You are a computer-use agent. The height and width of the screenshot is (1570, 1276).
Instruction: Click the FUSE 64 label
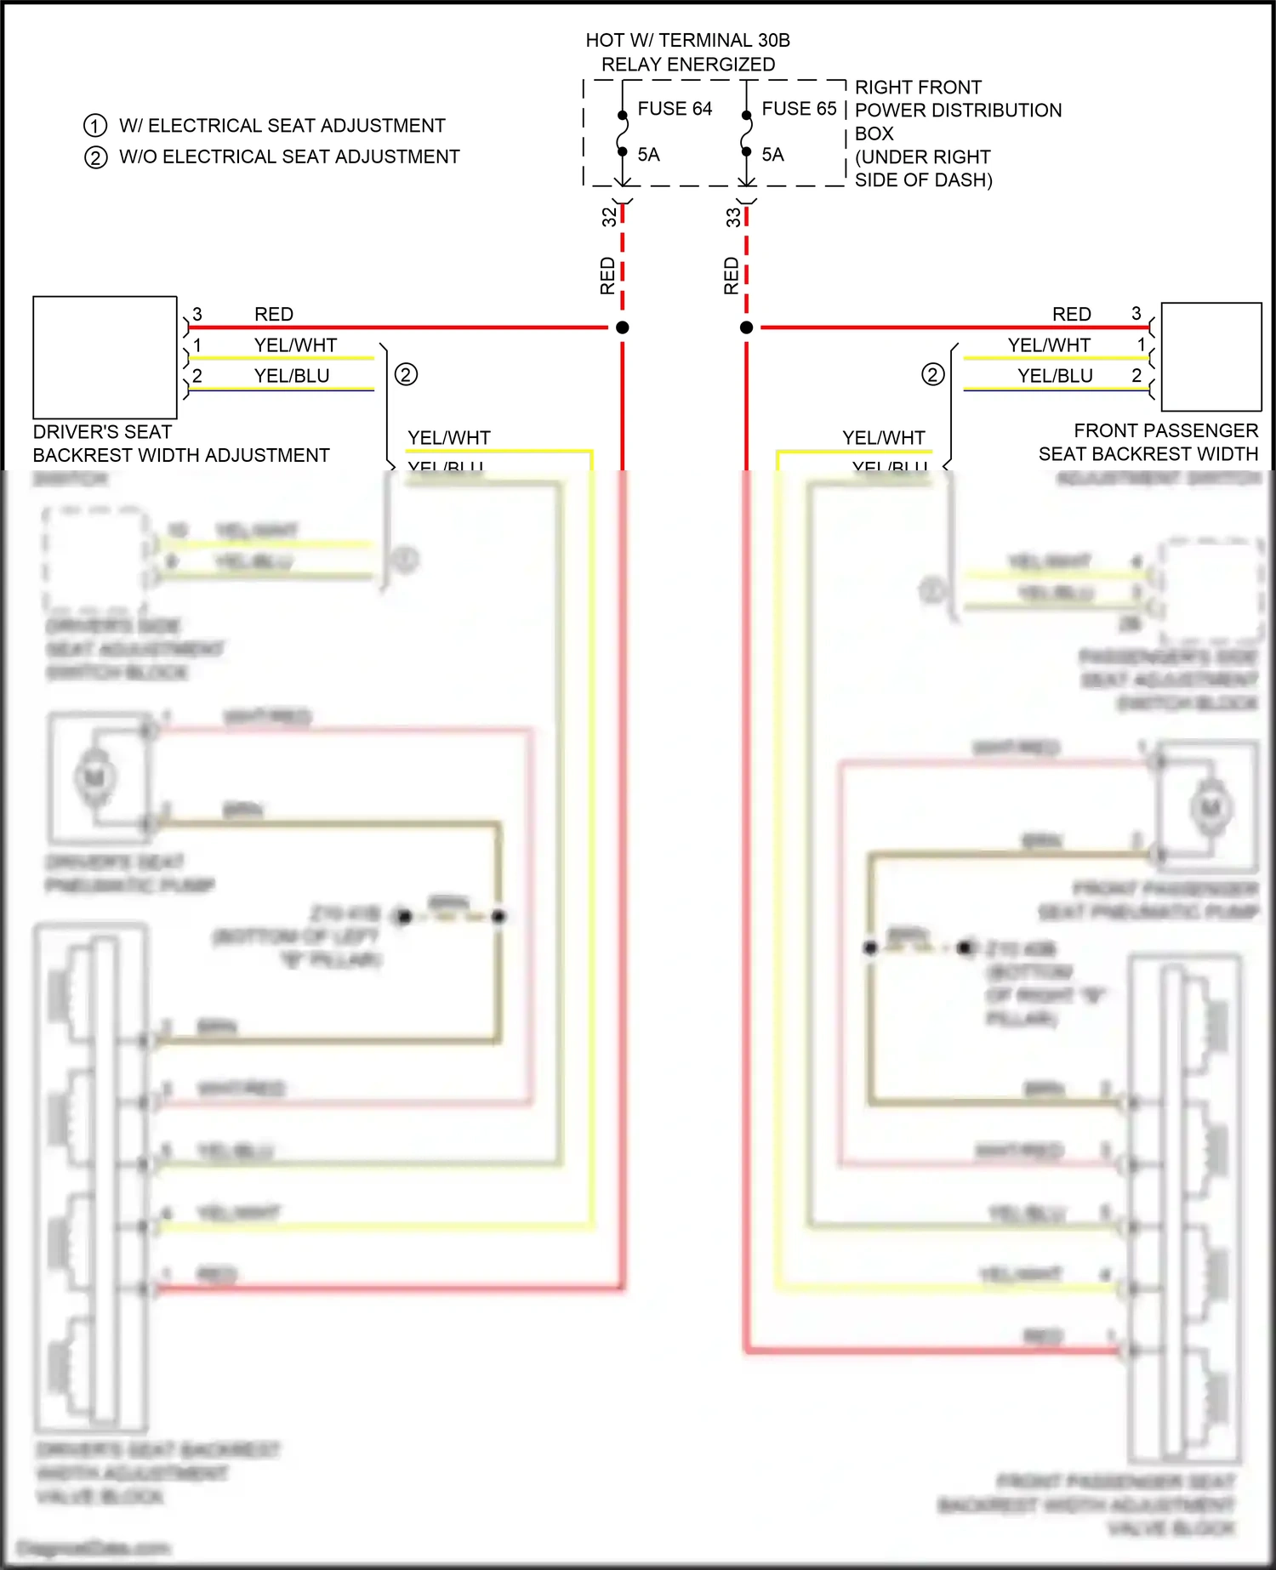[675, 109]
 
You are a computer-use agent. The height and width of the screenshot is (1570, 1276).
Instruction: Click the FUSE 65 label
[799, 109]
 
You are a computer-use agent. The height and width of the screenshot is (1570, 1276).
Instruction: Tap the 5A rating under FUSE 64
[648, 155]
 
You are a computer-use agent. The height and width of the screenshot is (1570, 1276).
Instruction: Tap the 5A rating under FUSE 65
[772, 155]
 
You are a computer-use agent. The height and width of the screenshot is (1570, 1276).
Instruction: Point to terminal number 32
[609, 217]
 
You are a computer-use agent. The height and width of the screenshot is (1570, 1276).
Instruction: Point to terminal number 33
[733, 217]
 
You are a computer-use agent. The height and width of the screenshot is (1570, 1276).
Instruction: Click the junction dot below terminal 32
[623, 327]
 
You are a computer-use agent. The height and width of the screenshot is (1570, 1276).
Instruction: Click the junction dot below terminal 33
[747, 327]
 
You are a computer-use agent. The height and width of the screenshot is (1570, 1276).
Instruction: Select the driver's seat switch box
[105, 357]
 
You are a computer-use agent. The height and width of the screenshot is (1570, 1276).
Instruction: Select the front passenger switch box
[1211, 357]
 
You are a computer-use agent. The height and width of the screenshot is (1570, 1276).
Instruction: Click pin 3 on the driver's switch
[197, 315]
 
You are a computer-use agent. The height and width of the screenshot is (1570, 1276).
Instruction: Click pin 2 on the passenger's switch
[1136, 376]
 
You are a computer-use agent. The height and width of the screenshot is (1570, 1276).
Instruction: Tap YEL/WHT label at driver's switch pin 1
[295, 345]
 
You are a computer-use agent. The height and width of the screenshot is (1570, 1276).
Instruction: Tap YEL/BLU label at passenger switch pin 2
[1055, 376]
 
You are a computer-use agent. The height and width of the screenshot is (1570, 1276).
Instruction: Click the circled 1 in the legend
[95, 126]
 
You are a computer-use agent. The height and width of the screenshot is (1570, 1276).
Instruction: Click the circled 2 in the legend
[96, 157]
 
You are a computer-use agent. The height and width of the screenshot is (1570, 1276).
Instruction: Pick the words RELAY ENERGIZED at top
[688, 65]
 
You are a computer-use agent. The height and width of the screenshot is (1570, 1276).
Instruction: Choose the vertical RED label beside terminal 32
[607, 276]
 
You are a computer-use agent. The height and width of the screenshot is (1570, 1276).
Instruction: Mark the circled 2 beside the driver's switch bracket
[406, 374]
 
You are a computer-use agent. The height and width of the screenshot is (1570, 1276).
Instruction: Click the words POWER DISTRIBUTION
[958, 111]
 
